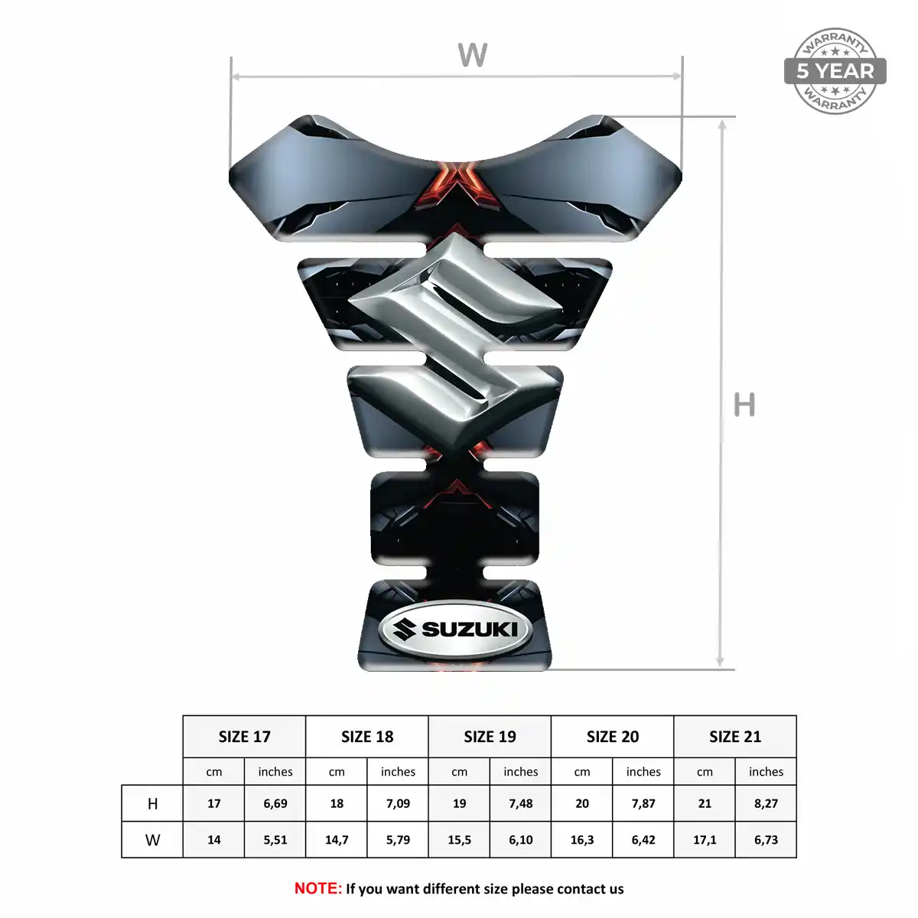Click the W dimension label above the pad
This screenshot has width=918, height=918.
(472, 55)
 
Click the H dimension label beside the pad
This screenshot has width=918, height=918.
(744, 405)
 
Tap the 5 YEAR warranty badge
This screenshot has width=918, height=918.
(835, 71)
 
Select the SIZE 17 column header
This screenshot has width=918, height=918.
(244, 737)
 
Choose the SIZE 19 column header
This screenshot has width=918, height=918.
(490, 737)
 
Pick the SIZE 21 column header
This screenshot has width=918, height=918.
(735, 737)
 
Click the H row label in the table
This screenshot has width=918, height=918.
(152, 804)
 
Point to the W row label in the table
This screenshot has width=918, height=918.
(152, 840)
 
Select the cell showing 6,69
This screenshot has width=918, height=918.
(275, 804)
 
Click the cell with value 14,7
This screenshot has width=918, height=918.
(337, 840)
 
